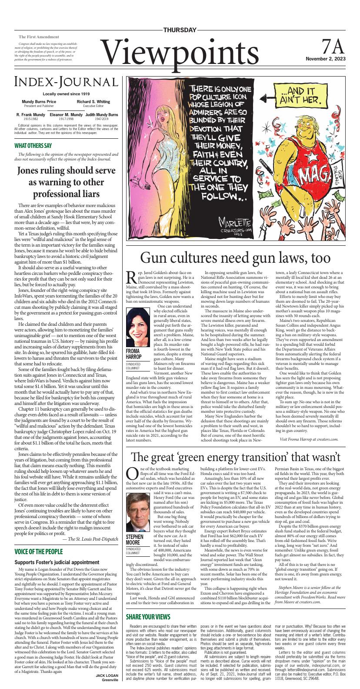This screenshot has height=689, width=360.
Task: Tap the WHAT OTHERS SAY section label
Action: click(x=33, y=146)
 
